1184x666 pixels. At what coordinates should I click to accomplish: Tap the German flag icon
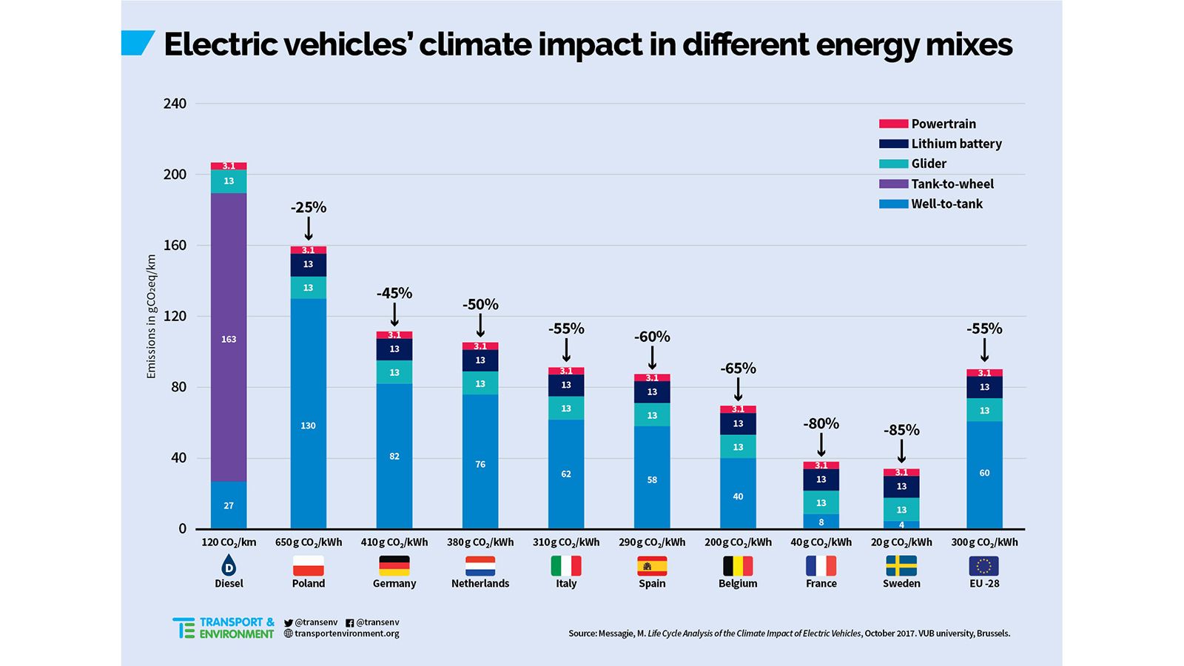click(394, 566)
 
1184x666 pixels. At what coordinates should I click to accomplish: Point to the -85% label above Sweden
click(901, 430)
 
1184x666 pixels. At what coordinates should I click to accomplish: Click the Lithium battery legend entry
click(956, 144)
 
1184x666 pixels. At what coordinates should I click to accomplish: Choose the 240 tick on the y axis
click(175, 104)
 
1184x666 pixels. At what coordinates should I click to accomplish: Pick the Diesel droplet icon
click(229, 566)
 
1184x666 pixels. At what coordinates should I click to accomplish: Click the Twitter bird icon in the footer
click(289, 623)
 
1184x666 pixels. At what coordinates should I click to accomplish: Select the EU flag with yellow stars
click(984, 566)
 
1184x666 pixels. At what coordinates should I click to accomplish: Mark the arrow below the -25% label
click(309, 229)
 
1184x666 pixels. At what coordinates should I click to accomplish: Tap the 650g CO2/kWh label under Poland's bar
click(309, 542)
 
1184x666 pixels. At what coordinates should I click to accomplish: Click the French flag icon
click(821, 566)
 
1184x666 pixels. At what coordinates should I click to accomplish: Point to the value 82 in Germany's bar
click(394, 457)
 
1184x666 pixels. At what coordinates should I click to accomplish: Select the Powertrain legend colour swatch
click(893, 124)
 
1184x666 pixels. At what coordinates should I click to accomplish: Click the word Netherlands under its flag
click(480, 584)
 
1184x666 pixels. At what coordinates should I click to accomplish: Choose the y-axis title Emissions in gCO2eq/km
click(152, 317)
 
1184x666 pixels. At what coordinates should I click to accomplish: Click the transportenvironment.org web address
click(346, 633)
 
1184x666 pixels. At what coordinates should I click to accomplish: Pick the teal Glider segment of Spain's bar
click(652, 415)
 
